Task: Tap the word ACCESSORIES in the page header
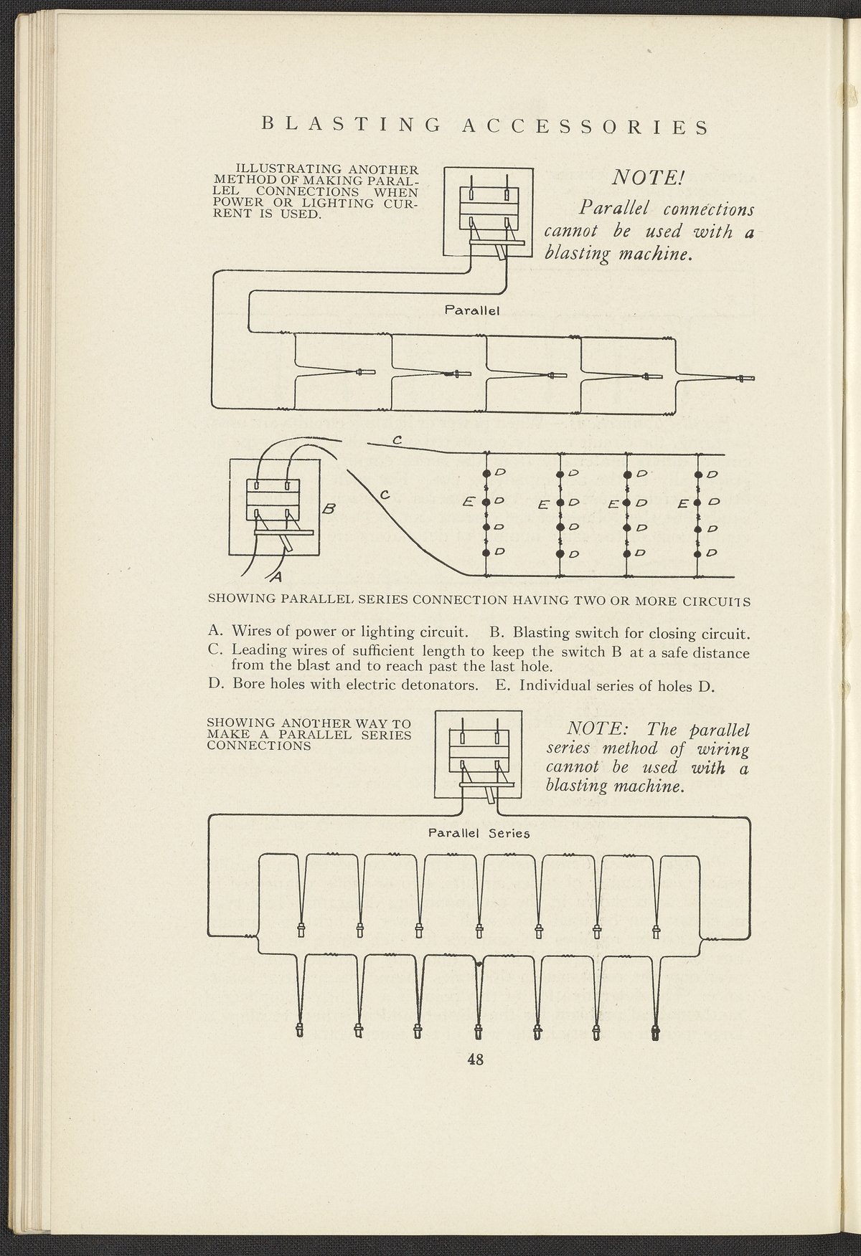pos(584,127)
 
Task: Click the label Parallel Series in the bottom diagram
pos(479,834)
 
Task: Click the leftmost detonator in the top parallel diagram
pos(364,371)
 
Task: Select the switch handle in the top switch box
pos(497,251)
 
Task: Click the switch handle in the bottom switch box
pos(490,793)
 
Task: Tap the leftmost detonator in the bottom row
pos(300,1031)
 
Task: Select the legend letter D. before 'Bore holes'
pos(217,685)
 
